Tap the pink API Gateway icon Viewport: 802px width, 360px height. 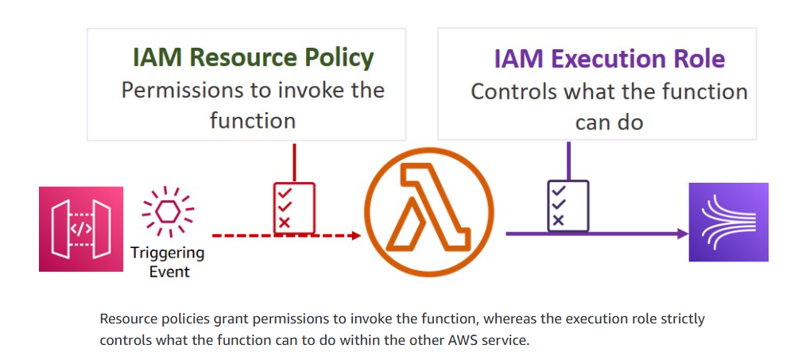point(81,229)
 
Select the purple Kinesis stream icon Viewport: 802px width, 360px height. point(728,223)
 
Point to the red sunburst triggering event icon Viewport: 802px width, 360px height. point(168,212)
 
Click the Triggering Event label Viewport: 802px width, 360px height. point(168,262)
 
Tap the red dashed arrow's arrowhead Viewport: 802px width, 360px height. point(355,235)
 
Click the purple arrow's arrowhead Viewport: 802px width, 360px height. point(681,234)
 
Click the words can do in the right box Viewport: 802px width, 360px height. point(610,122)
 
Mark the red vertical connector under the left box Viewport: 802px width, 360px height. point(294,162)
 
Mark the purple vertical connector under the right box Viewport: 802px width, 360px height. point(568,161)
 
